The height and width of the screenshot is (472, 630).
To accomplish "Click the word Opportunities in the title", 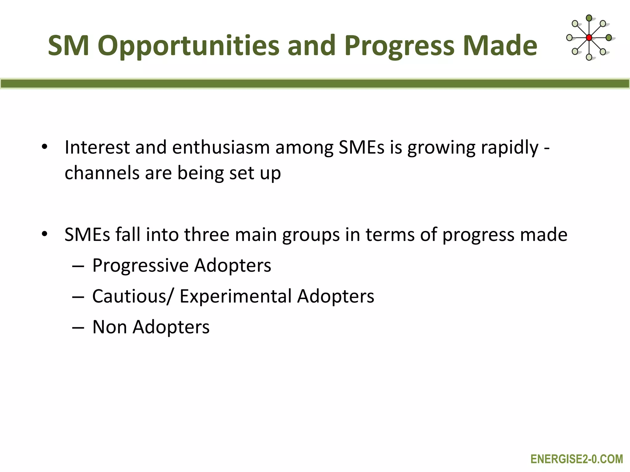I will point(188,46).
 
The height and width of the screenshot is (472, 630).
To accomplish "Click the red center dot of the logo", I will point(589,38).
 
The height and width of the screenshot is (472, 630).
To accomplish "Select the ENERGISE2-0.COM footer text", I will point(577,459).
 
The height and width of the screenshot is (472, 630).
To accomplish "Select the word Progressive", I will point(140,265).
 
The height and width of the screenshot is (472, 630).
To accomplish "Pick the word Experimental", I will point(235,296).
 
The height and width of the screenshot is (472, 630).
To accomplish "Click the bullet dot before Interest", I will point(45,147).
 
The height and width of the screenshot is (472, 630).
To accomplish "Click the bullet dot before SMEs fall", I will point(45,234).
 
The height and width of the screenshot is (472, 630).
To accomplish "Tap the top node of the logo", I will point(589,18).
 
